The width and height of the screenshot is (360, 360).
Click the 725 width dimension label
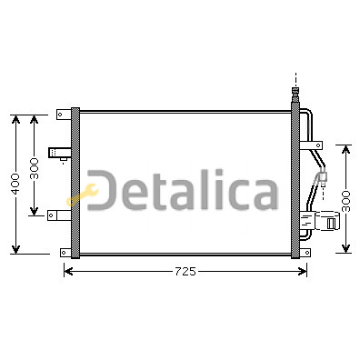pos(185,272)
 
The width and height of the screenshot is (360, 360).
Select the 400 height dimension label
pos(15,184)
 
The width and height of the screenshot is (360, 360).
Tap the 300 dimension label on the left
pos(35,168)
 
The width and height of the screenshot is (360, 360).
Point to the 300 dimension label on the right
pos(345,201)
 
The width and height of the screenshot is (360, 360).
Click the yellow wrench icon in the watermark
pos(83,195)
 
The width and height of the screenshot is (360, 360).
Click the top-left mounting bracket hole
pos(60,115)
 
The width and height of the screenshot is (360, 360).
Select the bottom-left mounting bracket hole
pos(64,252)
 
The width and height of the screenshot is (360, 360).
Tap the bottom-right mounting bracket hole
pos(306,252)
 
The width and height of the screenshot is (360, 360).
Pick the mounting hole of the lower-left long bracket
pos(51,215)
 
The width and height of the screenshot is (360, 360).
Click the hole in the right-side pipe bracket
pos(318,145)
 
